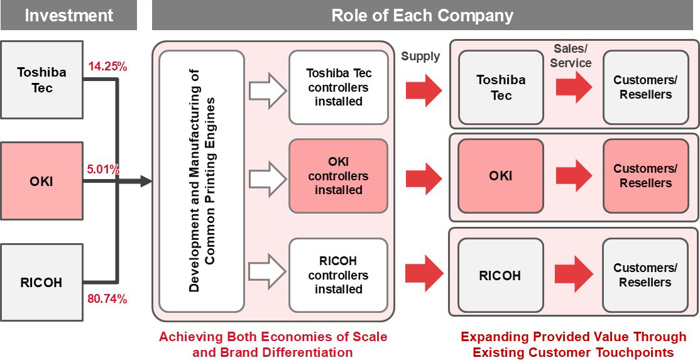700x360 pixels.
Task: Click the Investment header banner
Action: click(x=68, y=15)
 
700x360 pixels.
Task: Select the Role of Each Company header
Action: click(x=422, y=15)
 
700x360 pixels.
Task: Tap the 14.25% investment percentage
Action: click(x=108, y=65)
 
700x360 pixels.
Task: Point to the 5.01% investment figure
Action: click(x=104, y=170)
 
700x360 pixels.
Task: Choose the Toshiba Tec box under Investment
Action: click(x=41, y=80)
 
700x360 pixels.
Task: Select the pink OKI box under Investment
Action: click(x=41, y=182)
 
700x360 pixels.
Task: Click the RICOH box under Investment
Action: click(x=41, y=283)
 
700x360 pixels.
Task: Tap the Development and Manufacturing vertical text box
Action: click(x=202, y=182)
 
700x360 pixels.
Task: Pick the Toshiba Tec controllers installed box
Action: click(x=338, y=87)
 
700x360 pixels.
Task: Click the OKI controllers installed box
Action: click(x=338, y=176)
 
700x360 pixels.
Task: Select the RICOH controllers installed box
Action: click(x=338, y=275)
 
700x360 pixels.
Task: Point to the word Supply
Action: click(x=420, y=57)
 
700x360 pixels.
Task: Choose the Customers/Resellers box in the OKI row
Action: click(x=645, y=176)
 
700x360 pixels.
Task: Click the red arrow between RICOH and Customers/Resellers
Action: click(x=573, y=274)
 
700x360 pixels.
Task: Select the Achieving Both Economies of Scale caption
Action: click(x=273, y=344)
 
